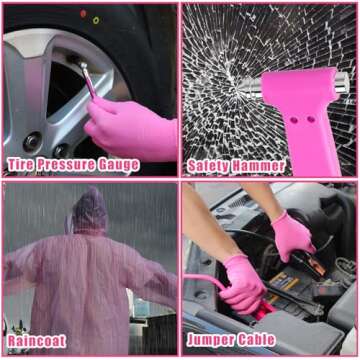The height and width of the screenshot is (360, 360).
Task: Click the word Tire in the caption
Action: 20,165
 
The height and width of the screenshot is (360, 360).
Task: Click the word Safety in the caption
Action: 208,166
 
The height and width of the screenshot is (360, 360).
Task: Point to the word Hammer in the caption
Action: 258,166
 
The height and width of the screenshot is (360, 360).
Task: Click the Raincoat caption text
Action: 37,341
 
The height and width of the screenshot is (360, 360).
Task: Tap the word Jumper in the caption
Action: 211,340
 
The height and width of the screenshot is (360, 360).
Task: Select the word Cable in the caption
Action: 257,339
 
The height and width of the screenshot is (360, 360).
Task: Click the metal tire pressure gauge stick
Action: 87,80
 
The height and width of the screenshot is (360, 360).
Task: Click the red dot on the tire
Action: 83,14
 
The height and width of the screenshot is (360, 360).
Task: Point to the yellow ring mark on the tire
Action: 96,20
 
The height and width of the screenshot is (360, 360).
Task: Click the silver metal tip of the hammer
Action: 342,82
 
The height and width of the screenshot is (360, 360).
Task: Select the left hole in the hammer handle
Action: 294,120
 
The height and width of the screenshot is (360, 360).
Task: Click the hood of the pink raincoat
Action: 90,210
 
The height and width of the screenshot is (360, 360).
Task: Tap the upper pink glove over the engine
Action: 292,235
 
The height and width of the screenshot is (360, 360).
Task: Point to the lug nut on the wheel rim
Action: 33,142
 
